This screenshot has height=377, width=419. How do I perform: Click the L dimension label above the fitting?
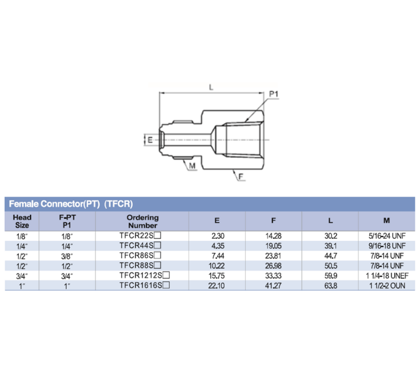(x=211, y=87)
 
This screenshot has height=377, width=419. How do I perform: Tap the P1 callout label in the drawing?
(x=274, y=94)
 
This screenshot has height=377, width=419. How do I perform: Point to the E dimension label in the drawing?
(x=150, y=140)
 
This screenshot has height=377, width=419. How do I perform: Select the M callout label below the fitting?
(x=192, y=166)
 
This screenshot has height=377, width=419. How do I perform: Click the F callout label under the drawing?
(x=241, y=177)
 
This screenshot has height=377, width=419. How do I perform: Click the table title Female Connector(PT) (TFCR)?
(x=71, y=204)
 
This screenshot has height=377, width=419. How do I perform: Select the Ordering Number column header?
(x=142, y=221)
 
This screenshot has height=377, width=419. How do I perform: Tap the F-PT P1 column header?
(x=67, y=221)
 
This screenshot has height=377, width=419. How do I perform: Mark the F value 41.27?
(x=273, y=285)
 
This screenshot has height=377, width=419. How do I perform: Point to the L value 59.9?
(x=330, y=276)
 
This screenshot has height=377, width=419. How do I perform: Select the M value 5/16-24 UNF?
(x=386, y=236)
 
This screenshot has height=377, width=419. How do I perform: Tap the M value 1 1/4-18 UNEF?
(x=386, y=276)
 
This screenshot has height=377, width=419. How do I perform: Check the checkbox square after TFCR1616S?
(x=166, y=285)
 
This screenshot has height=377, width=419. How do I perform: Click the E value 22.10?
(x=217, y=285)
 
